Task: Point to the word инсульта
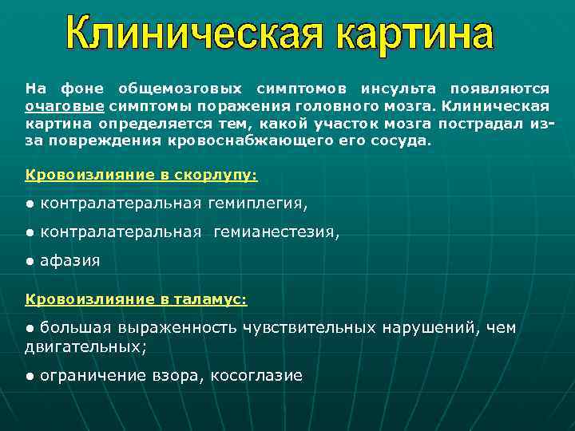pos(398,88)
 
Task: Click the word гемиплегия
pos(256,204)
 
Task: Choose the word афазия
pos(70,261)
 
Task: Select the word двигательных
pos(85,347)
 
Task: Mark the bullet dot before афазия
pos(29,262)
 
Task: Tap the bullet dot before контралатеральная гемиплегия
pos(29,204)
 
